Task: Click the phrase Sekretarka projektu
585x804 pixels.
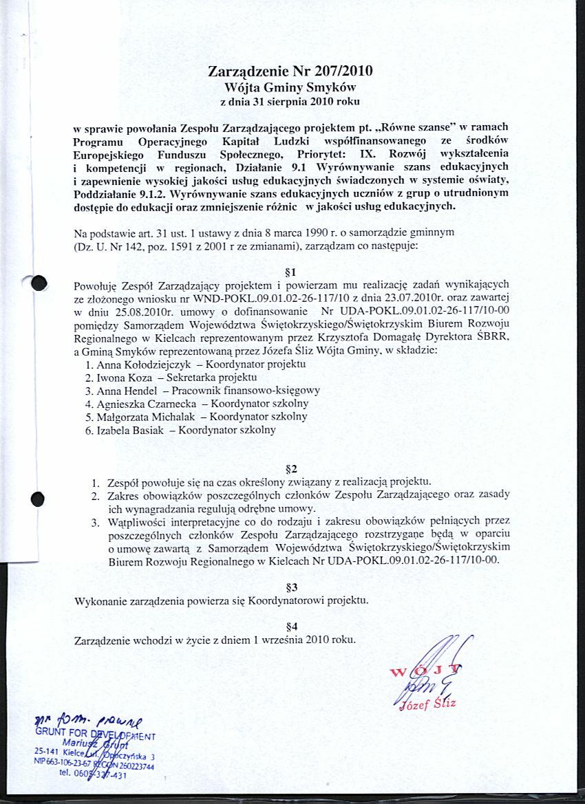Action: [x=212, y=378]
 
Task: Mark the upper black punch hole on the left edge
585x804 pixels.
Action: [x=39, y=283]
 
